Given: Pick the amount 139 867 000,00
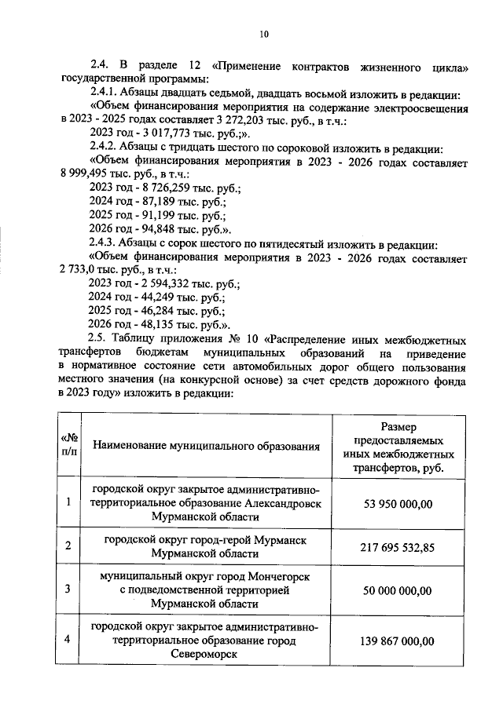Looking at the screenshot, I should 397,640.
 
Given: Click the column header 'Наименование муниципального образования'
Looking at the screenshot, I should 207,446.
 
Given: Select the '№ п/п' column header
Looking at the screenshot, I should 69,445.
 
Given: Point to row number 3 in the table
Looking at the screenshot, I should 69,589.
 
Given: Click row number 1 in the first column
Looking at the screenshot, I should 69,502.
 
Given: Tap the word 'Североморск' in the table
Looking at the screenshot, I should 206,655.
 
